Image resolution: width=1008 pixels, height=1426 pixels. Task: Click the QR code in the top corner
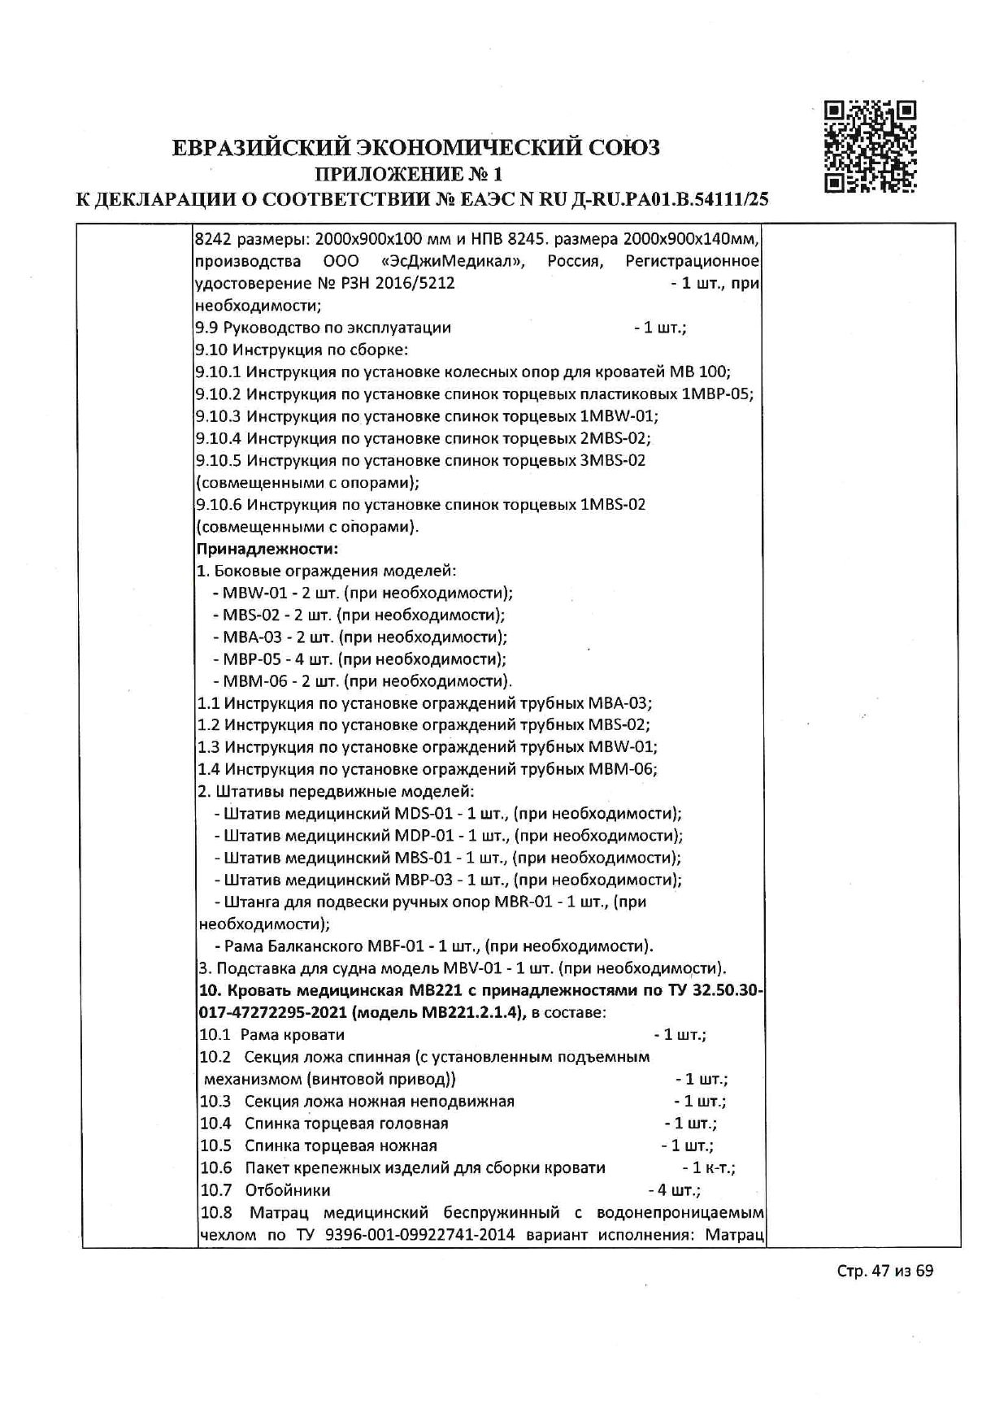(x=870, y=146)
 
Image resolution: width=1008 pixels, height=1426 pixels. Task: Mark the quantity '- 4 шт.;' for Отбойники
(x=674, y=1190)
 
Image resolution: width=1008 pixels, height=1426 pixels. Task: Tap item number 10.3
(x=215, y=1102)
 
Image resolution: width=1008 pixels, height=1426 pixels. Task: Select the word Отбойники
(x=287, y=1190)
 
